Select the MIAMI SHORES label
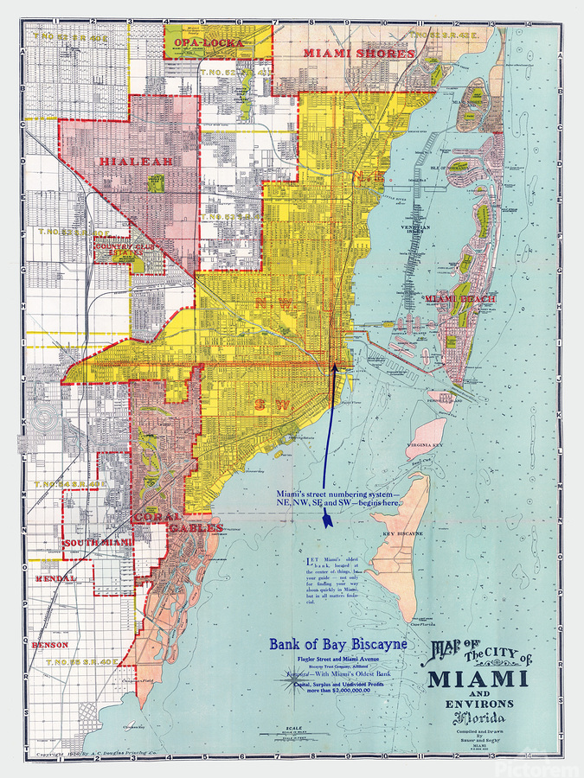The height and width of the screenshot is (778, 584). point(358,53)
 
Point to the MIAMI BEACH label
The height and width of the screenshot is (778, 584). point(459,298)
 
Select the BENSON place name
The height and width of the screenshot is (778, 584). point(48,645)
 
